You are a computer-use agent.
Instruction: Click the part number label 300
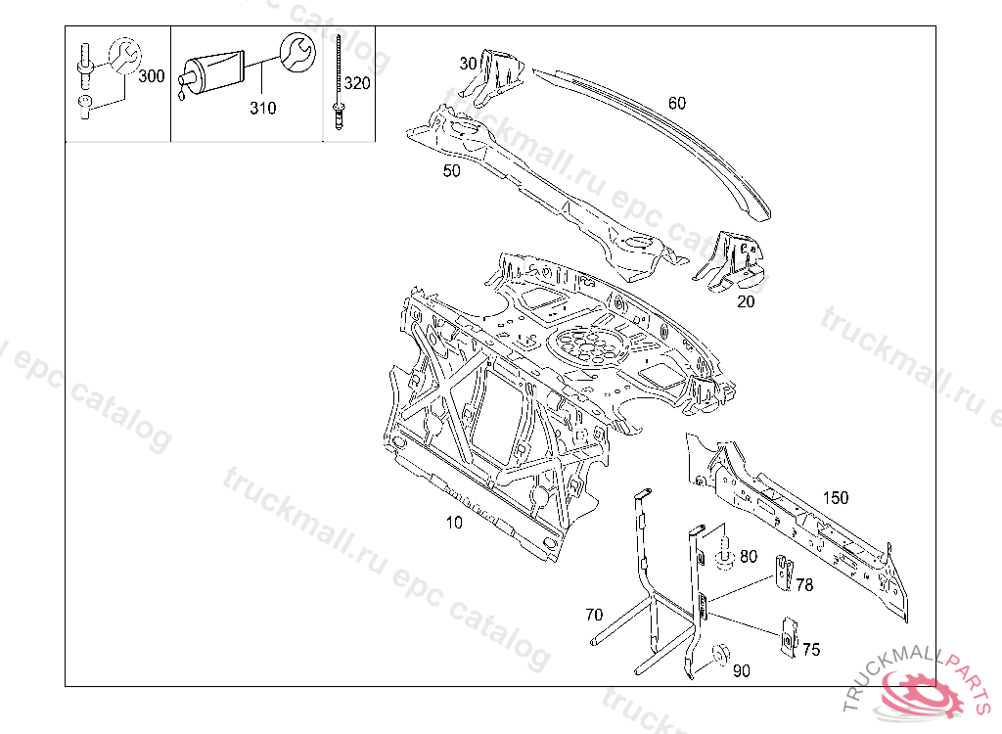point(152,76)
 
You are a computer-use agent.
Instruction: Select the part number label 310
point(262,108)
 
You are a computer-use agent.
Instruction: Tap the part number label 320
point(357,83)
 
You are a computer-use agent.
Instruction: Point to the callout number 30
point(469,64)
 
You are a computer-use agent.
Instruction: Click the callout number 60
point(677,103)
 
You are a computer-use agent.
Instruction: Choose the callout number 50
point(451,170)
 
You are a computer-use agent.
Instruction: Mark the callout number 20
point(746,301)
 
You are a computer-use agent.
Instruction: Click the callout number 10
point(454,523)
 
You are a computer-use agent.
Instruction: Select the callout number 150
point(835,497)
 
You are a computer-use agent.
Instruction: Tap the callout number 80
point(749,556)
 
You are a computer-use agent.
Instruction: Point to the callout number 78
point(804,585)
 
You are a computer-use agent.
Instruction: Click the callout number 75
point(811,649)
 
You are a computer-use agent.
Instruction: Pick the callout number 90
point(742,670)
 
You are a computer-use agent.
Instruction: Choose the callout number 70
point(594,616)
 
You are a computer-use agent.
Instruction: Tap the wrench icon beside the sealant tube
point(296,52)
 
